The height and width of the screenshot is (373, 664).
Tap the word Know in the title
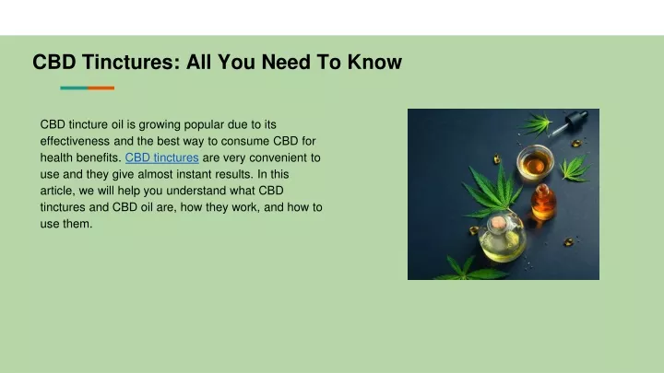(374, 62)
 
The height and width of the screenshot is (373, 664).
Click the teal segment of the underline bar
(74, 88)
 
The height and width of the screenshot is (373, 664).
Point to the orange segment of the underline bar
(101, 88)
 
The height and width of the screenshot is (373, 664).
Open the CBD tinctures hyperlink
(161, 157)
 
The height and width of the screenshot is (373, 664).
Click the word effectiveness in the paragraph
(75, 141)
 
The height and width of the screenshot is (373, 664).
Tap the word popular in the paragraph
(204, 124)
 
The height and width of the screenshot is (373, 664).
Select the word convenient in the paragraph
(279, 157)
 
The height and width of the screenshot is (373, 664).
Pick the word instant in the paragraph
(194, 174)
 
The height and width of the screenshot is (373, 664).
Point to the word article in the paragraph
(57, 191)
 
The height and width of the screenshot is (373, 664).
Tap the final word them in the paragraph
(77, 224)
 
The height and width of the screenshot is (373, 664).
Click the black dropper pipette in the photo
(570, 122)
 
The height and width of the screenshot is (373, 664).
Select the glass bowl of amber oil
(535, 161)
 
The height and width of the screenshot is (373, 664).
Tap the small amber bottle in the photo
(543, 202)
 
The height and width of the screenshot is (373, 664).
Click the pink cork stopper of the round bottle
(498, 223)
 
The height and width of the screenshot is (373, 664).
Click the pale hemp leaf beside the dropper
(536, 123)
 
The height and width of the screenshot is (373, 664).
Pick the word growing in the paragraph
(160, 124)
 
